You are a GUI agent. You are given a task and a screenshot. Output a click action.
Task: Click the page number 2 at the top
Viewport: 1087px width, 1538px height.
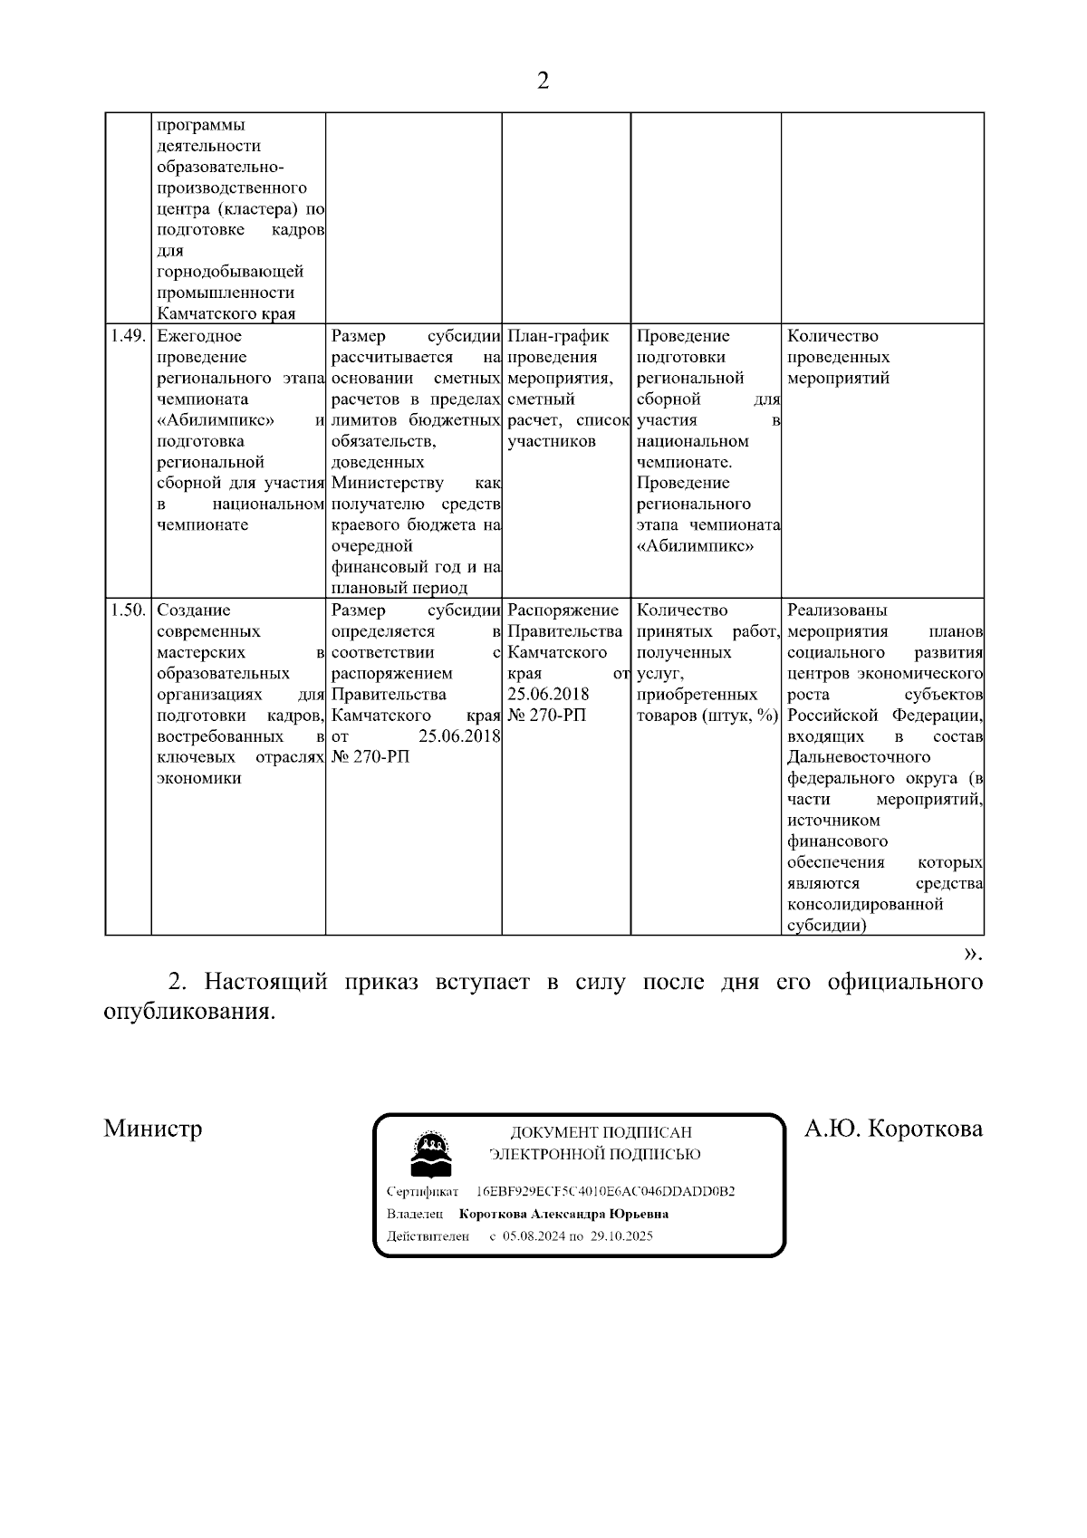pyautogui.click(x=543, y=82)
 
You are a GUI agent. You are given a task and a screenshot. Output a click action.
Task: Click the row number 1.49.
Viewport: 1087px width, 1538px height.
pyautogui.click(x=128, y=337)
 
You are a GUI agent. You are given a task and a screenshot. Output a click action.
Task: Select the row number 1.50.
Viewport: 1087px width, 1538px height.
pyautogui.click(x=128, y=611)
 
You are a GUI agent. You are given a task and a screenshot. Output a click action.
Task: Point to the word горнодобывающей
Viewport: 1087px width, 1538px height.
pyautogui.click(x=230, y=272)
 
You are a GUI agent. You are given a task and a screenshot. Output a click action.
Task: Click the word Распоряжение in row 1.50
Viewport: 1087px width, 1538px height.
pyautogui.click(x=563, y=610)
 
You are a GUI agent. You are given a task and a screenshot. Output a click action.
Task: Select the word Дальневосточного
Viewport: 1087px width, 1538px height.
pyautogui.click(x=859, y=757)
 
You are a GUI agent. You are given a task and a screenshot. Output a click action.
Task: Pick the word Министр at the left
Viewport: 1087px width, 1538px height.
pyautogui.click(x=153, y=1129)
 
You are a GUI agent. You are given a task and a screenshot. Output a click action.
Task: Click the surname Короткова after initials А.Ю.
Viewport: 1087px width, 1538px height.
pyautogui.click(x=924, y=1129)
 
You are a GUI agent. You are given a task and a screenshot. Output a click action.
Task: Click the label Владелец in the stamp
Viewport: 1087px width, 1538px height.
pyautogui.click(x=415, y=1215)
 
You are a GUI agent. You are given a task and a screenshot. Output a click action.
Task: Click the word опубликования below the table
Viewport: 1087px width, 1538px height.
pyautogui.click(x=188, y=1012)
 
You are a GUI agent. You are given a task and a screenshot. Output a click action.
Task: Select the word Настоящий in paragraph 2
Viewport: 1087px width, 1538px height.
pyautogui.click(x=265, y=983)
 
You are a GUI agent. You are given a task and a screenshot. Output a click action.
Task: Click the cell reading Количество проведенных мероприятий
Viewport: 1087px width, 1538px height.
pyautogui.click(x=838, y=358)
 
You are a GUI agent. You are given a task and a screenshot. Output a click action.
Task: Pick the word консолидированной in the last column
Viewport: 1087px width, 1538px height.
pyautogui.click(x=865, y=905)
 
